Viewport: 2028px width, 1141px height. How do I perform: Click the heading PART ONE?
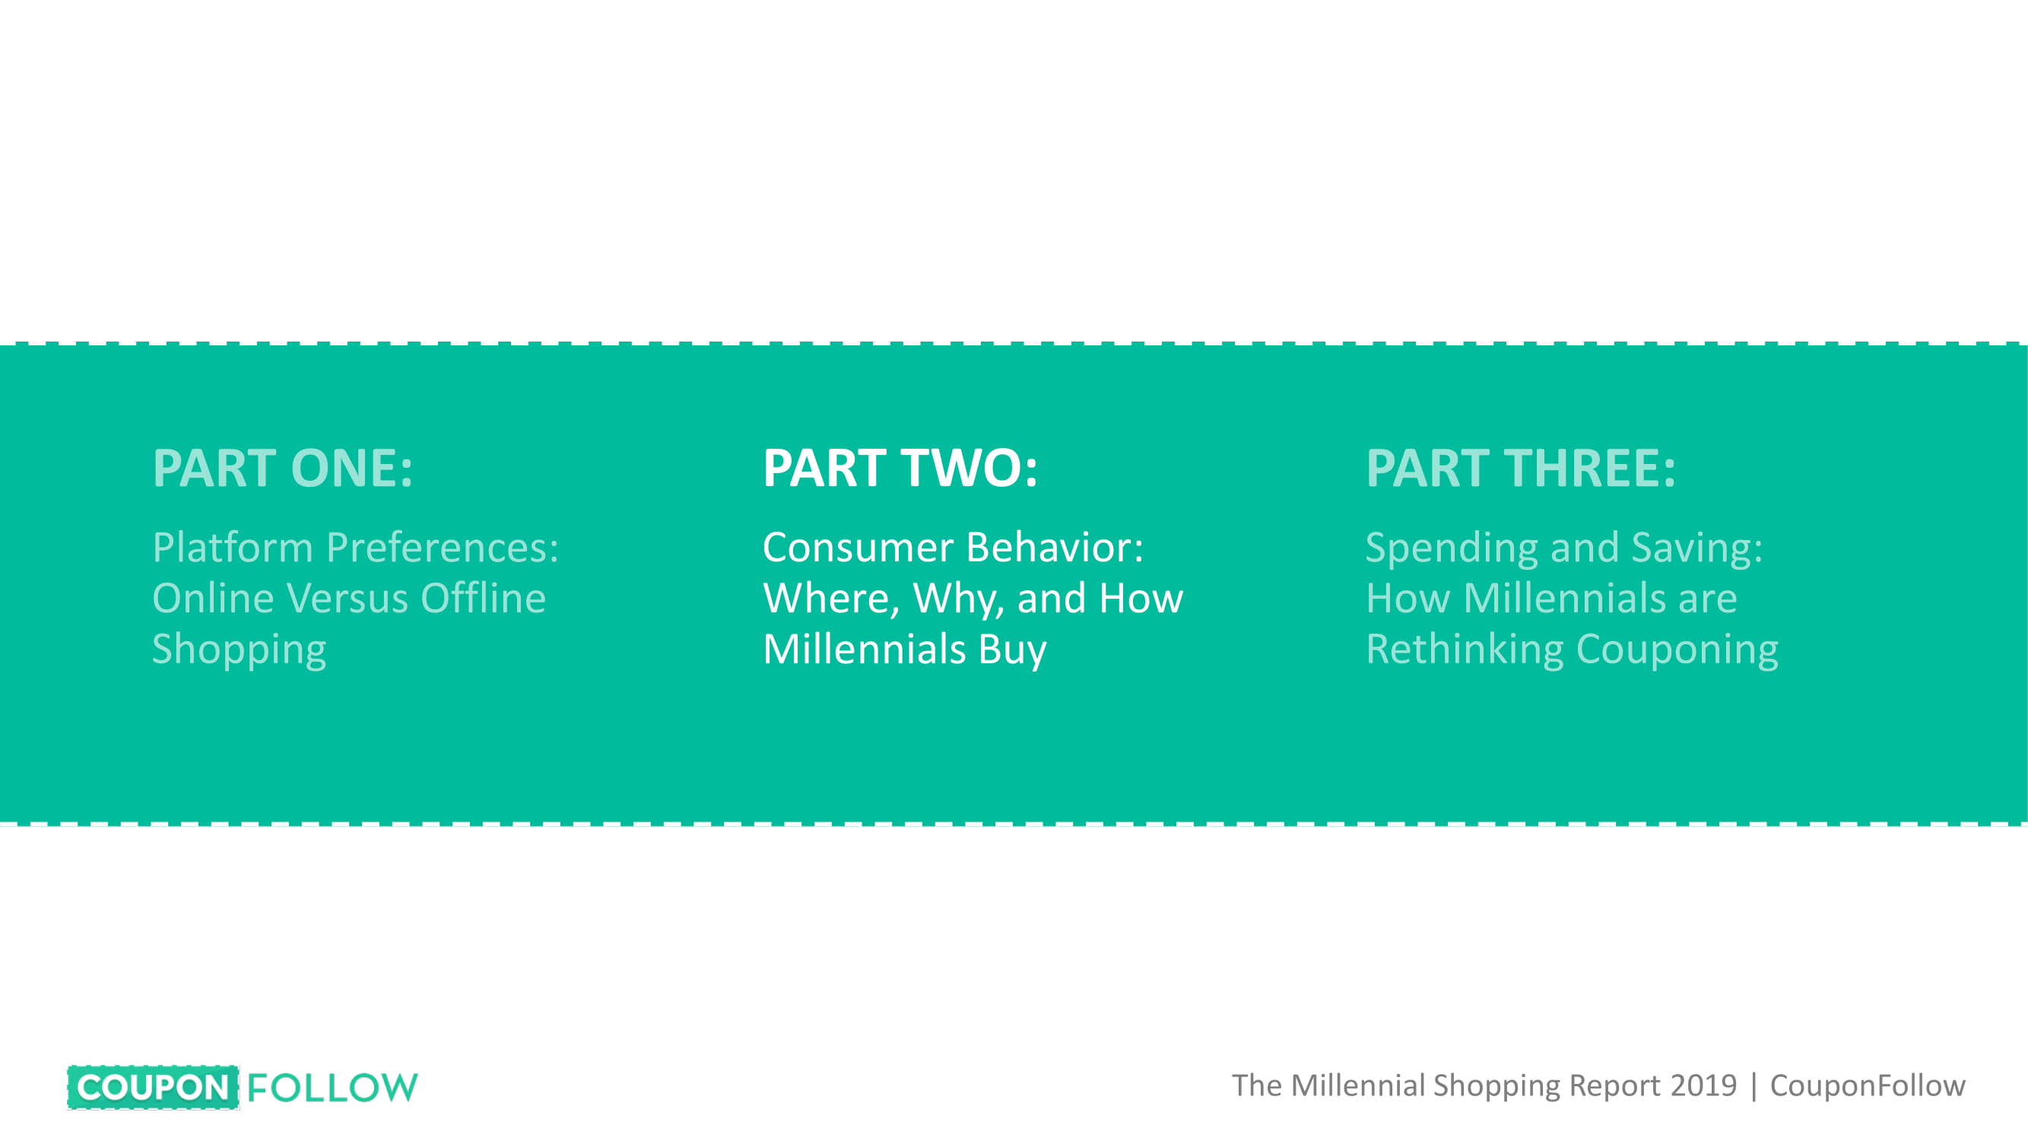pyautogui.click(x=283, y=468)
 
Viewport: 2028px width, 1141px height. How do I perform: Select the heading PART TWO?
pyautogui.click(x=900, y=468)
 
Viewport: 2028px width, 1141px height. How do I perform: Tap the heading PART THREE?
pyautogui.click(x=1521, y=468)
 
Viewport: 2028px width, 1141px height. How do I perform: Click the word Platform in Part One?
pyautogui.click(x=233, y=547)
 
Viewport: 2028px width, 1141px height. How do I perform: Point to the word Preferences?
pyautogui.click(x=443, y=547)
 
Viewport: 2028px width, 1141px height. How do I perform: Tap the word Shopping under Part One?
pyautogui.click(x=240, y=650)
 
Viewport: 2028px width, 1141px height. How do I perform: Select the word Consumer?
pyautogui.click(x=858, y=547)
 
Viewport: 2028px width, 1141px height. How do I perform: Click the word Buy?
pyautogui.click(x=1012, y=650)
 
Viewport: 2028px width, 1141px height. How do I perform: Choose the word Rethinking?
pyautogui.click(x=1465, y=650)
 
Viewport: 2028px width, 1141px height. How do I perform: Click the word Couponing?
pyautogui.click(x=1677, y=650)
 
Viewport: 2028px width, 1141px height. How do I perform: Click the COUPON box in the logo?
pyautogui.click(x=154, y=1088)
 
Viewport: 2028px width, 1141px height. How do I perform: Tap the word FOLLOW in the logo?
pyautogui.click(x=332, y=1088)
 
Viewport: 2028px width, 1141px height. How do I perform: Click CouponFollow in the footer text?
pyautogui.click(x=1868, y=1086)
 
